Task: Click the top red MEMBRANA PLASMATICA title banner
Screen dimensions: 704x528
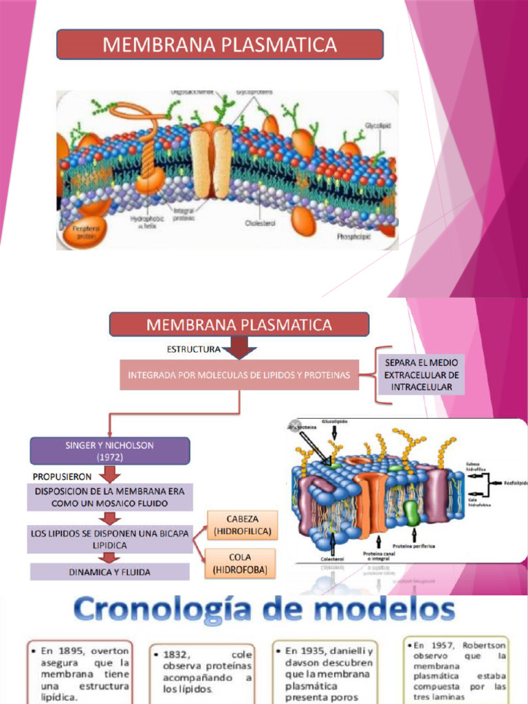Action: click(219, 45)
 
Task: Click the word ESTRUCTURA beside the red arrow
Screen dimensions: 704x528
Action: click(193, 349)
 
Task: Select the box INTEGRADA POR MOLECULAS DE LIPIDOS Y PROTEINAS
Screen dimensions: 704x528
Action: click(239, 375)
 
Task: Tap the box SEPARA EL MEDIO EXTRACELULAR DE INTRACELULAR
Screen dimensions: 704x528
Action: click(421, 375)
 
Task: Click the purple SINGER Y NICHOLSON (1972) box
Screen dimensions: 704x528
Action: click(109, 451)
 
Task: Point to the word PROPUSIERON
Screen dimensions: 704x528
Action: click(62, 476)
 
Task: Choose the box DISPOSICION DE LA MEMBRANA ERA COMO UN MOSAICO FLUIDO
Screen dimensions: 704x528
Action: click(110, 497)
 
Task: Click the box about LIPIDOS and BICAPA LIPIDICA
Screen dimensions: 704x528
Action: click(110, 539)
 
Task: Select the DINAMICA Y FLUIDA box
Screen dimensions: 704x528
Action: click(110, 572)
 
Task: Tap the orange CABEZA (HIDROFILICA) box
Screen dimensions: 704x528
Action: click(242, 525)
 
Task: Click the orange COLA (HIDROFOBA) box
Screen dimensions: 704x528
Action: click(241, 562)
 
